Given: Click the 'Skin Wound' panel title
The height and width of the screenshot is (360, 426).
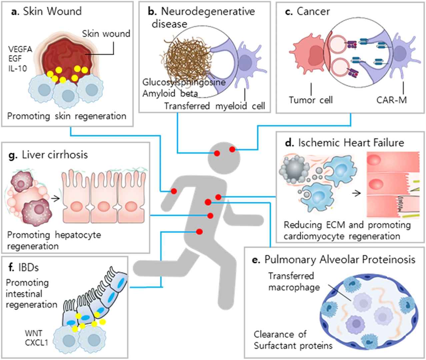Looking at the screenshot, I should point(46,11).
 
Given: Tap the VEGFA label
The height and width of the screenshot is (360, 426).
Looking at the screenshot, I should point(20,50).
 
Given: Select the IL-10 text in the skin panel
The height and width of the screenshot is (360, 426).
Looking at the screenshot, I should point(18,68).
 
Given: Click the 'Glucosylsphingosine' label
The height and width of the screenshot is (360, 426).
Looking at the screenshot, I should point(183,82).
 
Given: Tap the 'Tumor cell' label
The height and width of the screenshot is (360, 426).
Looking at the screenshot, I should point(311,100).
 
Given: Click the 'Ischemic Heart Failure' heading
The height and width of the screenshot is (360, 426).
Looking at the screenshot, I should point(346,143).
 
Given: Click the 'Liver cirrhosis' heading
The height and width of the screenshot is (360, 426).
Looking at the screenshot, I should point(50,154).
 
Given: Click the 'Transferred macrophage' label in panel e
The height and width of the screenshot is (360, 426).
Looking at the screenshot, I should point(291,281).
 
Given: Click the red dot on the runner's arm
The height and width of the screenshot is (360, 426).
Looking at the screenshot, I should point(174,191).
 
